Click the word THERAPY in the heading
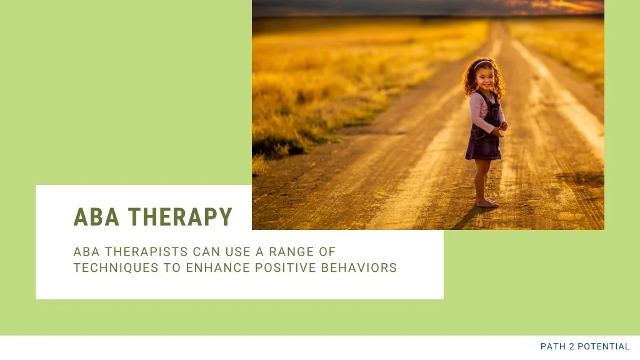pos(180,217)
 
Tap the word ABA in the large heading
pos(96,217)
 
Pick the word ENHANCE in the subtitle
pos(218,267)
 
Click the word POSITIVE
pos(286,267)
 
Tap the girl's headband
pos(482,63)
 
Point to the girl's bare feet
pos(487,202)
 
